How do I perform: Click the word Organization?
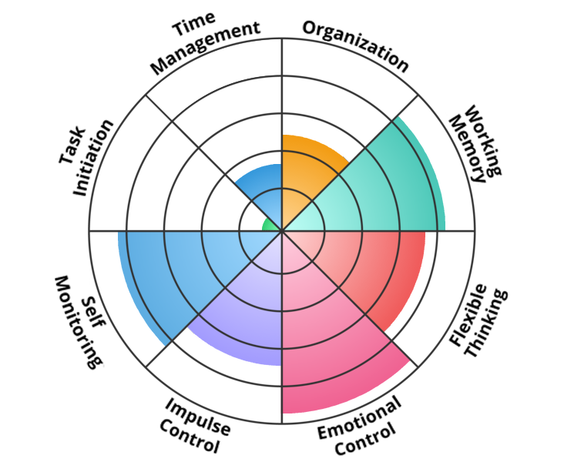click(355, 44)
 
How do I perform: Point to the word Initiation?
click(93, 157)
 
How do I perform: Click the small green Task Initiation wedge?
click(268, 225)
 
